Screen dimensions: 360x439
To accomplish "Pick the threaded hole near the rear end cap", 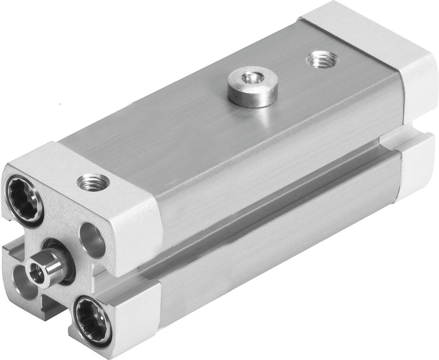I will click(322, 58).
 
